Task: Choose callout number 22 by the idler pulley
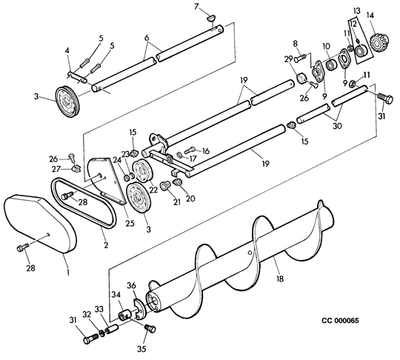tap(153, 190)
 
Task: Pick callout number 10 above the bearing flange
tap(327, 47)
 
